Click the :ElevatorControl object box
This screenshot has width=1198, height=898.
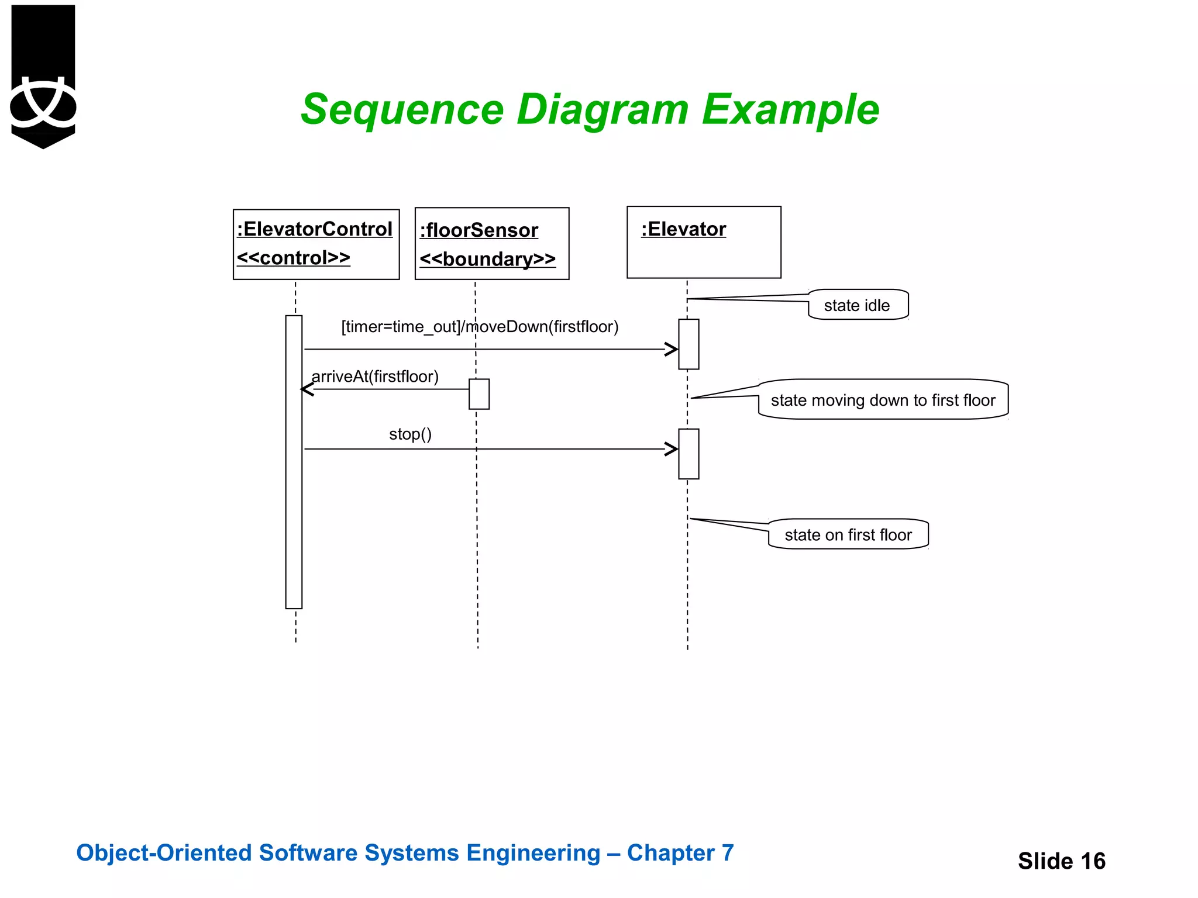(316, 244)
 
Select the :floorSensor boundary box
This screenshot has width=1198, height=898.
(491, 244)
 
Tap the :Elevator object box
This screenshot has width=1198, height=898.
(704, 242)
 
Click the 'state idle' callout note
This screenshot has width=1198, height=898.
(858, 305)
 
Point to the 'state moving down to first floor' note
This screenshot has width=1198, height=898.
(883, 400)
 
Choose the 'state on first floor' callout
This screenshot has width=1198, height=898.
(848, 534)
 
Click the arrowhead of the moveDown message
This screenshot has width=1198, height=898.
(672, 349)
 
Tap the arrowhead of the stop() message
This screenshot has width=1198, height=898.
(672, 449)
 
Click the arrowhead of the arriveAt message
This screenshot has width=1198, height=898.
(307, 389)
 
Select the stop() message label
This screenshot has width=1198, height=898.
(410, 434)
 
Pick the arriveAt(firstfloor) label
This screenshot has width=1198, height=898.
(375, 377)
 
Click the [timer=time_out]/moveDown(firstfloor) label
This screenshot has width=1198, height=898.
(480, 326)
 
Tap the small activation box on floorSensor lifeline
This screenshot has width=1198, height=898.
(478, 394)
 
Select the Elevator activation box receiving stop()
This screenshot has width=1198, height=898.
(688, 454)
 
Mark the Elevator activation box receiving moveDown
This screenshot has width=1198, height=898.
(688, 344)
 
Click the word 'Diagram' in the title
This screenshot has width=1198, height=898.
(603, 109)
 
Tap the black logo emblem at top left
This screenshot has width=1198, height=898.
(43, 76)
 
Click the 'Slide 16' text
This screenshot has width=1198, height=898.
(1061, 861)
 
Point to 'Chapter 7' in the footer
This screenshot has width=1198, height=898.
(680, 852)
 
